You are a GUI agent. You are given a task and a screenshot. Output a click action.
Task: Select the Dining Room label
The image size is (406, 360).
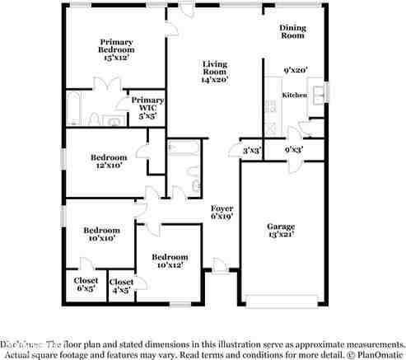pyautogui.click(x=293, y=31)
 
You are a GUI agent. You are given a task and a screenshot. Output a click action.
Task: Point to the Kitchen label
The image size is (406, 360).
pyautogui.click(x=295, y=96)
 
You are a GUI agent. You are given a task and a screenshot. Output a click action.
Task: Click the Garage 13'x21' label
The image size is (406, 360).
pyautogui.click(x=280, y=231)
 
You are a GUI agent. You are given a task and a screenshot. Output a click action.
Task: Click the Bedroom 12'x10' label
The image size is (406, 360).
pyautogui.click(x=108, y=161)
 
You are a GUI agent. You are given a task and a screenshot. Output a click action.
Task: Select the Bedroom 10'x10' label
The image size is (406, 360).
pyautogui.click(x=101, y=233)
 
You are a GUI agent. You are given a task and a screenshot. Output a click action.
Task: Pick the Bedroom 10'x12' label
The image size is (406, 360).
pyautogui.click(x=170, y=261)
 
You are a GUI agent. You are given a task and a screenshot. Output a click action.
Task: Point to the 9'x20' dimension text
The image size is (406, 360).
pyautogui.click(x=295, y=70)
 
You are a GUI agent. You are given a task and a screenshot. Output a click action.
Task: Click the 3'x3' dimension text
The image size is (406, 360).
pyautogui.click(x=251, y=151)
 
